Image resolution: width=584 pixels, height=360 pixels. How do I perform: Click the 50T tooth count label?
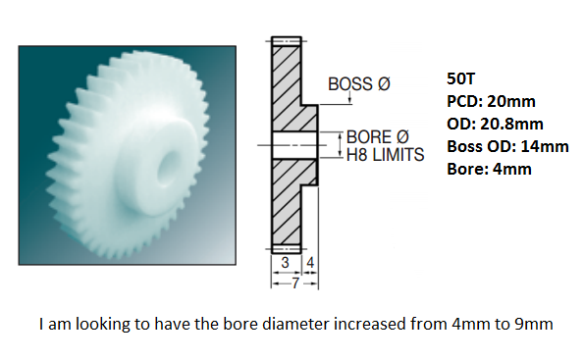(461, 78)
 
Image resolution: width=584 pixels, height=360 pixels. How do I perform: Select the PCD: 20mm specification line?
(492, 101)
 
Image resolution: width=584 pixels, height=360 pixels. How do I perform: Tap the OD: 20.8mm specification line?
(495, 124)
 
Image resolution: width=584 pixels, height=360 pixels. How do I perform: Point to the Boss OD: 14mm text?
(507, 146)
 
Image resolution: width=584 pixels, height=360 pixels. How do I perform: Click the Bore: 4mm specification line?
(489, 169)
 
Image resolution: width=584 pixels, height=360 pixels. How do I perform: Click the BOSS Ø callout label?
(359, 84)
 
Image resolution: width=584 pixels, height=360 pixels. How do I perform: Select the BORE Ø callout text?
(378, 137)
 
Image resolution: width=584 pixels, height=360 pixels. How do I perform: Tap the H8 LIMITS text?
(385, 155)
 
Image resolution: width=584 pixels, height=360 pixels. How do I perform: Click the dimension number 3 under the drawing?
(285, 263)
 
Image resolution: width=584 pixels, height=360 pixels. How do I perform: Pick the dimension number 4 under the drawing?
(310, 263)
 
